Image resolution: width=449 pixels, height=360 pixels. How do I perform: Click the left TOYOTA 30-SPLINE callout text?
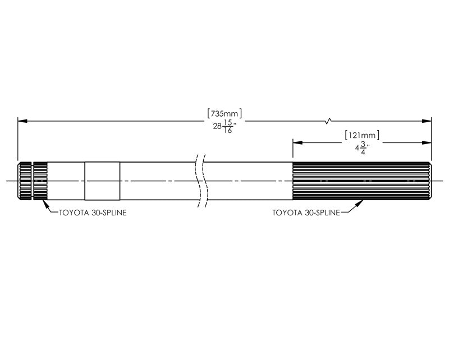tap(92, 213)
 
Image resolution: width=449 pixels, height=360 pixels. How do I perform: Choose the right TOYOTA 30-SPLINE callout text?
tap(306, 213)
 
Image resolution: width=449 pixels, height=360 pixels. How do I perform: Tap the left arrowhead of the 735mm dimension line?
tap(21, 120)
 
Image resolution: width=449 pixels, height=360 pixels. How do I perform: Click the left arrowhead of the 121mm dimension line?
tap(296, 143)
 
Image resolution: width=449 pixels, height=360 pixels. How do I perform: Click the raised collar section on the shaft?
tap(102, 181)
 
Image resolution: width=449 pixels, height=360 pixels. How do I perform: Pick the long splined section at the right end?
tap(362, 181)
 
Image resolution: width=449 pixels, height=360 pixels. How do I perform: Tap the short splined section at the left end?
tap(33, 181)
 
